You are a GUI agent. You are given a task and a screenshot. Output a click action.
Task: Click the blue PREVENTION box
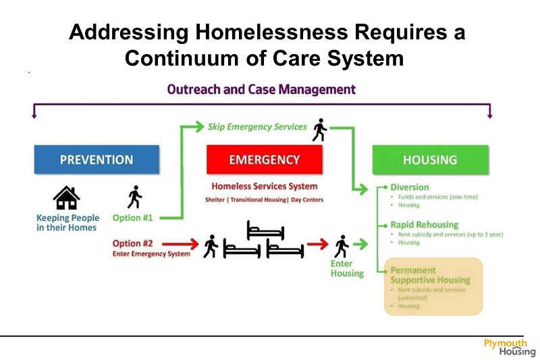pos(97,159)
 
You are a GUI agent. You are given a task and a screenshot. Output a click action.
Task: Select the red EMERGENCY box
pos(265,159)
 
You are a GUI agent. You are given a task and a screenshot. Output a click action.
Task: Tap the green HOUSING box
pos(431,160)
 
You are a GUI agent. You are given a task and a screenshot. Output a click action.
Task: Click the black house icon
pos(66,198)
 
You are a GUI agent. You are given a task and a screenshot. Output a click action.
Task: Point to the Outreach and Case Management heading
pos(261,90)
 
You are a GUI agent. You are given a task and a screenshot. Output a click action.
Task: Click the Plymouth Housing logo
pos(510,348)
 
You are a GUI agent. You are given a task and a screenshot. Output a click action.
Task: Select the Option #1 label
pos(132,217)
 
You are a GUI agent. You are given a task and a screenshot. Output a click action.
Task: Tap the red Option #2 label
pos(132,244)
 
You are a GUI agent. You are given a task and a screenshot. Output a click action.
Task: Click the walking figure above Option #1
pos(134,197)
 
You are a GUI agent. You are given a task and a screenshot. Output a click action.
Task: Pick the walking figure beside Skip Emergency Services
pos(320,130)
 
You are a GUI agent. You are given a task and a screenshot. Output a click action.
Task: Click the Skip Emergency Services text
pos(257,127)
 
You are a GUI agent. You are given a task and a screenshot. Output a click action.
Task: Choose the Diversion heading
pos(410,187)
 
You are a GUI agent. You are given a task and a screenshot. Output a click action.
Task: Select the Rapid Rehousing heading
pos(425,225)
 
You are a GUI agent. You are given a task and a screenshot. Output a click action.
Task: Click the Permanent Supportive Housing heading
pos(431,275)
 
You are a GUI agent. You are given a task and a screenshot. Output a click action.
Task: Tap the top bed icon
pos(265,230)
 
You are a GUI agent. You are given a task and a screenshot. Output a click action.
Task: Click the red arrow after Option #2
pos(180,244)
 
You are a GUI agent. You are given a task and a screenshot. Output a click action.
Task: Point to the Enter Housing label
pos(347,268)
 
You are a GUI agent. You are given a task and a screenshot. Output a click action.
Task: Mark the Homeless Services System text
pos(265,186)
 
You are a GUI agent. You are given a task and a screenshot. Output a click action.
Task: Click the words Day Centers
pos(307,200)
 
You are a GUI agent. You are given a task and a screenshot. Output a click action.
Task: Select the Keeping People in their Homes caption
pos(68,222)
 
